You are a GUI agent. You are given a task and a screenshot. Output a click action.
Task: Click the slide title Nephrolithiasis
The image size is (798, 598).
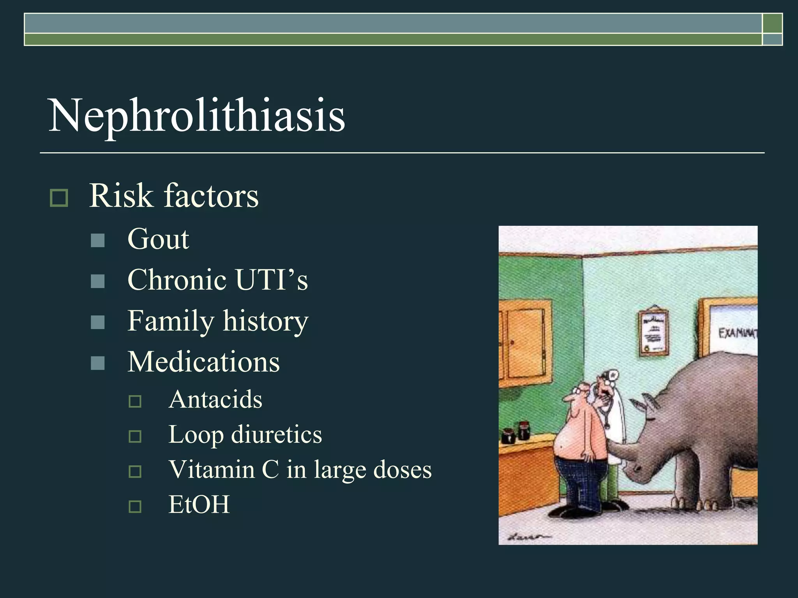coord(196,116)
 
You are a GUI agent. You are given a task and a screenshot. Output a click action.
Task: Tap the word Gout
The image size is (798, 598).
coord(158,239)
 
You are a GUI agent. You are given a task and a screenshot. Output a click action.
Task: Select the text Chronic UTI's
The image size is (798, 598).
coord(217,280)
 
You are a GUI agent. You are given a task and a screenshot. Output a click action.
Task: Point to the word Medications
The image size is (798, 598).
coord(203,362)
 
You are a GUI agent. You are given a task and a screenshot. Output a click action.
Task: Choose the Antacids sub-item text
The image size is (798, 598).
coord(215,399)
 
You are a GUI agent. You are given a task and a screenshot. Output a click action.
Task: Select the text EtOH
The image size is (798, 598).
coord(199,505)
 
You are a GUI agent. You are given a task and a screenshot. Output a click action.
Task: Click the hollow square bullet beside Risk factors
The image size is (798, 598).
coord(59,197)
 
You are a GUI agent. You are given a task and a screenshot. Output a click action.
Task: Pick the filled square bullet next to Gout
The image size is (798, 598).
coord(97,241)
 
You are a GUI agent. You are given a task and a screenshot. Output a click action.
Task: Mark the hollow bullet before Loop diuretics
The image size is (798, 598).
coord(135,436)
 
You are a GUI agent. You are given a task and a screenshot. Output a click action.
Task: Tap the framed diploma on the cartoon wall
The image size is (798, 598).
coord(654,333)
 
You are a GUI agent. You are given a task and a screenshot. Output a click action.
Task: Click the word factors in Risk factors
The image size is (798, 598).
coord(211,196)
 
